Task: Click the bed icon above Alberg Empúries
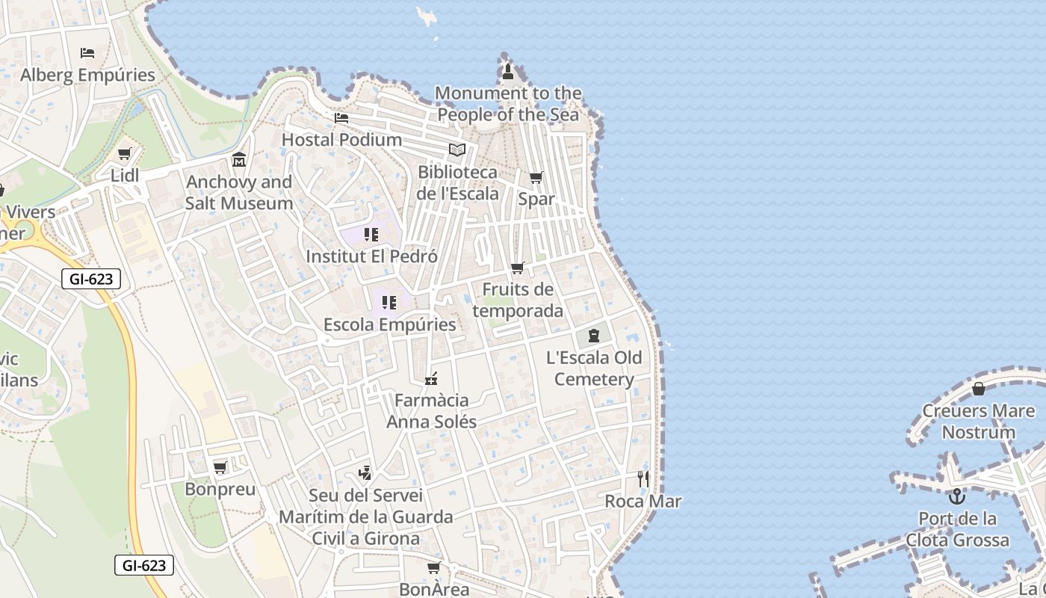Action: coord(87,53)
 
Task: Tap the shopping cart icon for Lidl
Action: coord(125,154)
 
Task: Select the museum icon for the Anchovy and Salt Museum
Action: coord(239,159)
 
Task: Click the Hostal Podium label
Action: coord(341,140)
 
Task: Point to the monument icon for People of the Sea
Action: coord(508,72)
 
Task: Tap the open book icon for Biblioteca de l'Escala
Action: coord(457,149)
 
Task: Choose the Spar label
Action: coord(536,199)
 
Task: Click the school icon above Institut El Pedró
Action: coord(371,235)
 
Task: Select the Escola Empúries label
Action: coord(389,324)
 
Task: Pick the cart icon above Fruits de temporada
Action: coord(517,268)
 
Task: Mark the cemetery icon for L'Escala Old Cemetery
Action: coord(594,336)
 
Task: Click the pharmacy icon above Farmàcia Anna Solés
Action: coord(431,379)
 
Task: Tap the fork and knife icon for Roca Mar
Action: coord(643,478)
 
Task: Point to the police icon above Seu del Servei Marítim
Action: coord(365,472)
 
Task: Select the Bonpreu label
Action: coord(220,490)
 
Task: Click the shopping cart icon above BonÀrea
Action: coord(433,568)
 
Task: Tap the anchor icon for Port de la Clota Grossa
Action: coord(957,496)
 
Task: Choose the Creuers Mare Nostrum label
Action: coord(978,421)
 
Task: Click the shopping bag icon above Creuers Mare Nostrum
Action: coord(978,389)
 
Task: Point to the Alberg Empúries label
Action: coord(87,75)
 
